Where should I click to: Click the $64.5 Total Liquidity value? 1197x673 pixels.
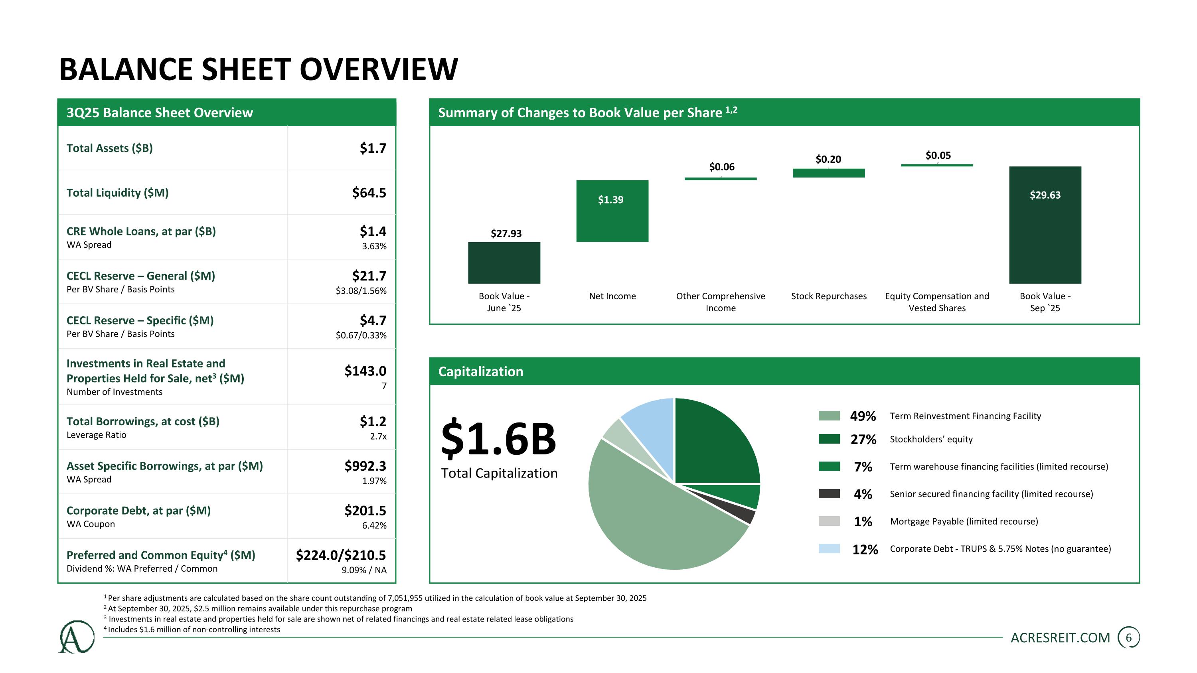point(369,193)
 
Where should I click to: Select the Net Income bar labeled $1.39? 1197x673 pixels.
point(612,211)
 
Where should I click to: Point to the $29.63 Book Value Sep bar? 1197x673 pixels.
point(1045,224)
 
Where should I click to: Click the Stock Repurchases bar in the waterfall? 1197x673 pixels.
point(828,173)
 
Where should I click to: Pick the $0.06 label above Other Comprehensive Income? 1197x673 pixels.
point(721,167)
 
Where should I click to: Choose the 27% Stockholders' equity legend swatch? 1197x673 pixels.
point(829,439)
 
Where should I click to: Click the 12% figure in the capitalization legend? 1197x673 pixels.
point(865,549)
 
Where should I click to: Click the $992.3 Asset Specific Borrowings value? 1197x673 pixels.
point(365,466)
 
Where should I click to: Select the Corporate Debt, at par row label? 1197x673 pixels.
point(138,511)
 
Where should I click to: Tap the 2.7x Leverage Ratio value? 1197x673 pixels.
point(378,436)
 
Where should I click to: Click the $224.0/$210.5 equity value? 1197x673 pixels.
point(341,555)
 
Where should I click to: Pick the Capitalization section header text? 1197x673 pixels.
point(480,371)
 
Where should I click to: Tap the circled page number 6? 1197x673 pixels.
point(1129,638)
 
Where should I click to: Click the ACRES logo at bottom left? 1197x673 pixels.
point(76,637)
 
